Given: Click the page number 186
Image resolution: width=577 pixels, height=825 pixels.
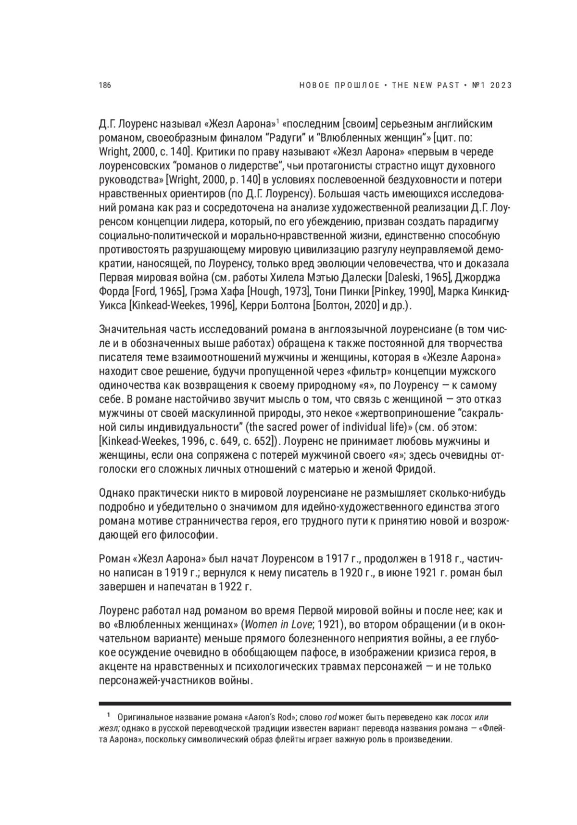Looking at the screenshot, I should [104, 86].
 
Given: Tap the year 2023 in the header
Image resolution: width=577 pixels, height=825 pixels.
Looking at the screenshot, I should [501, 86].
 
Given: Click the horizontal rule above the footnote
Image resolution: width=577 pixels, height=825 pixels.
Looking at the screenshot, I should [305, 703].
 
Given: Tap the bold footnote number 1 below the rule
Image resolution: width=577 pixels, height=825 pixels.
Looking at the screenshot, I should [109, 716].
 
